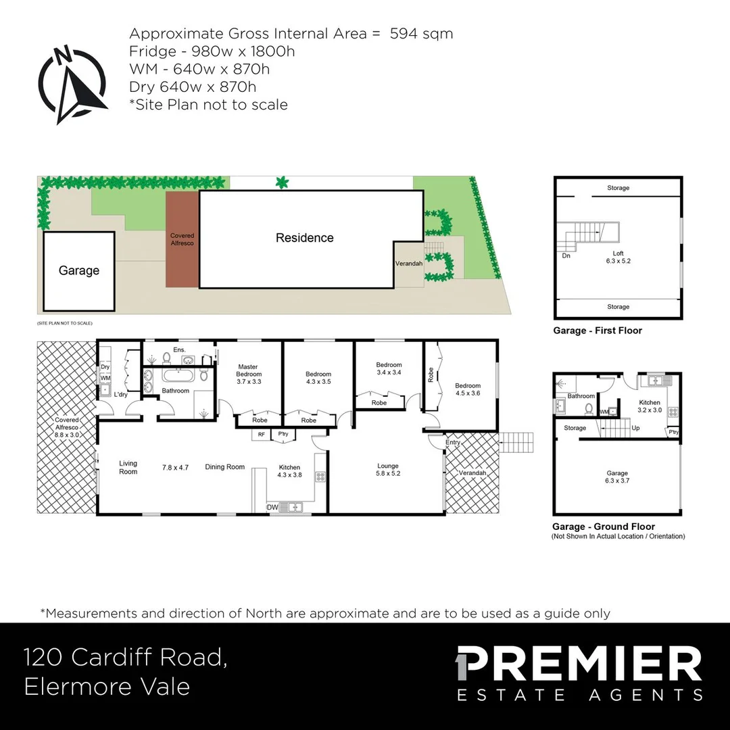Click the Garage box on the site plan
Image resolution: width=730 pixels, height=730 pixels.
(78, 270)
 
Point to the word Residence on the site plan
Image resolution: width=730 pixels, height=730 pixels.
(304, 238)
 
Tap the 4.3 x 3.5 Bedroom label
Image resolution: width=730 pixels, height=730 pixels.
(318, 378)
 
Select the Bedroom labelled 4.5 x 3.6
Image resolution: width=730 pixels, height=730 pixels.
(467, 389)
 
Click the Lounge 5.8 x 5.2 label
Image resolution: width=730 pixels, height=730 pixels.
(388, 469)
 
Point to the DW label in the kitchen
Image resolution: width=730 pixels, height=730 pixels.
(273, 507)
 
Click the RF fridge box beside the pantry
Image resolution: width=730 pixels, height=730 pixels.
(261, 435)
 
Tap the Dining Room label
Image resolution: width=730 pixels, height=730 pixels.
(224, 467)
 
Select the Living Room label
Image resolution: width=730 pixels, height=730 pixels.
(128, 467)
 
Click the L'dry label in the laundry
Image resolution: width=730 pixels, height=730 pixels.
(121, 394)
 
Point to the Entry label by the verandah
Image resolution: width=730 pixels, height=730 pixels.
(454, 443)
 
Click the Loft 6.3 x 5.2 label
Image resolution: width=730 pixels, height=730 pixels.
(618, 257)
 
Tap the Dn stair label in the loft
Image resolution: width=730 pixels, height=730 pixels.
(566, 256)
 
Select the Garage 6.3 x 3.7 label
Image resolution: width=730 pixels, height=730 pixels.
(616, 477)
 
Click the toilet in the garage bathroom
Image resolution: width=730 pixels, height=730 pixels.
(589, 409)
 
